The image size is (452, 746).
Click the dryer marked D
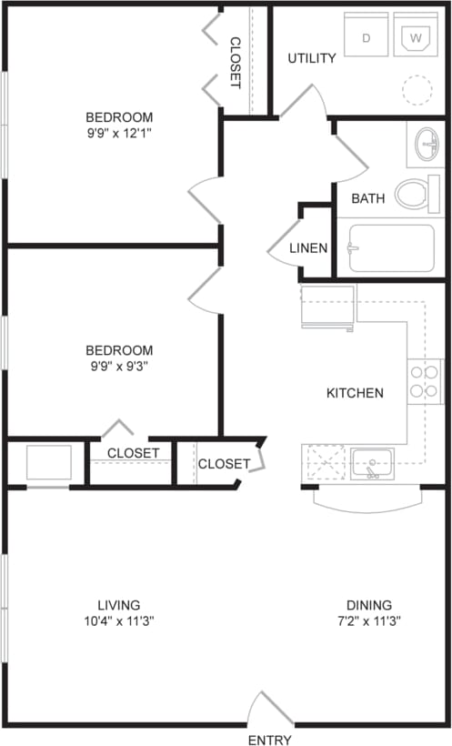pyautogui.click(x=366, y=37)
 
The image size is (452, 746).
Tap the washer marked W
pyautogui.click(x=417, y=37)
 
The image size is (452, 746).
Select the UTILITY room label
pyautogui.click(x=312, y=58)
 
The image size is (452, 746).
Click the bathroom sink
pyautogui.click(x=426, y=144)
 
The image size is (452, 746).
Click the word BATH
pyautogui.click(x=368, y=197)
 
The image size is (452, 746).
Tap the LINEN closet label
pyautogui.click(x=308, y=248)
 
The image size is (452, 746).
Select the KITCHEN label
pyautogui.click(x=355, y=393)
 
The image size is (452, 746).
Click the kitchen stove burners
pyautogui.click(x=425, y=382)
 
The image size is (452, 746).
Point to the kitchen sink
pyautogui.click(x=372, y=463)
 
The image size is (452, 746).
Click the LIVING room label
pyautogui.click(x=119, y=604)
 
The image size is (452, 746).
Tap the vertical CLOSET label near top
pyautogui.click(x=235, y=63)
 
